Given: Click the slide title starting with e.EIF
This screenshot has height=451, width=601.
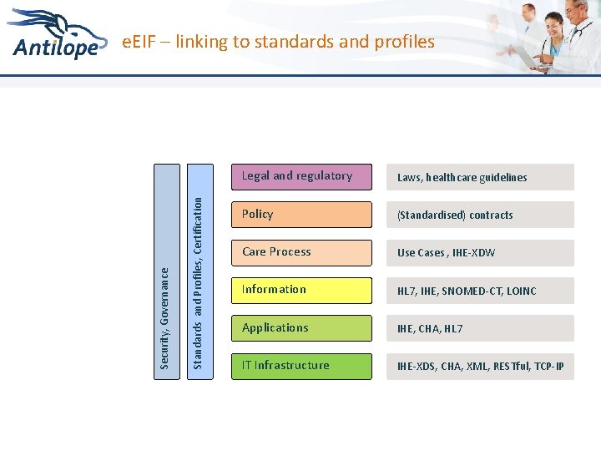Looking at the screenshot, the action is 278,41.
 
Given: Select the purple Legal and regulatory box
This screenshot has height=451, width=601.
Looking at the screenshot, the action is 301,177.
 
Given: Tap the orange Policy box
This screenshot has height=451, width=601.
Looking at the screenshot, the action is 301,215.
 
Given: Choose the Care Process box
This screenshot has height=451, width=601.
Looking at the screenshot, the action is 301,252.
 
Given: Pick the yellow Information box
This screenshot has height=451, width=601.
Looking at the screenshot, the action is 301,290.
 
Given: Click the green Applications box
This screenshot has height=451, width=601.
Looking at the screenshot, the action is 301,328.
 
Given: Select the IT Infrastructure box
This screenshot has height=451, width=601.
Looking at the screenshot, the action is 301,366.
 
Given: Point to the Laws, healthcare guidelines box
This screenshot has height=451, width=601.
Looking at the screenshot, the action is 480,177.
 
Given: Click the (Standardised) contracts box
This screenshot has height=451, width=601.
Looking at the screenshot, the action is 480,215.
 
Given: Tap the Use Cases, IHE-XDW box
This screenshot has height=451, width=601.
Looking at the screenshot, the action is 480,253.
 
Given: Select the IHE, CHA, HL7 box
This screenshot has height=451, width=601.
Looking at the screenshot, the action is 480,328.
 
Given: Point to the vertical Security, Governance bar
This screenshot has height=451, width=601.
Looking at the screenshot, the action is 167,271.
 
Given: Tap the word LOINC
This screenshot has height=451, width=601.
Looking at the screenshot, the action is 520,291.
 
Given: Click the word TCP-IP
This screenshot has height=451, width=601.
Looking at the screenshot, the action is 548,366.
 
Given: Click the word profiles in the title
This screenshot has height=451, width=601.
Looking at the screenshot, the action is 405,41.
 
